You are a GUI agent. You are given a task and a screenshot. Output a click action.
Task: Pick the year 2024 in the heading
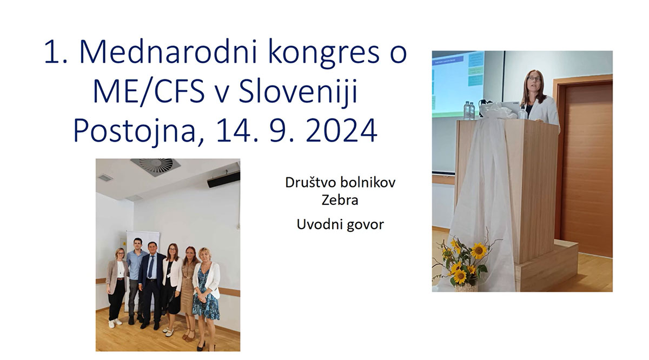coord(340,131)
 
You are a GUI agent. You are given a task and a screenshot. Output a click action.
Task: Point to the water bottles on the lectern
coord(468,110)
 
